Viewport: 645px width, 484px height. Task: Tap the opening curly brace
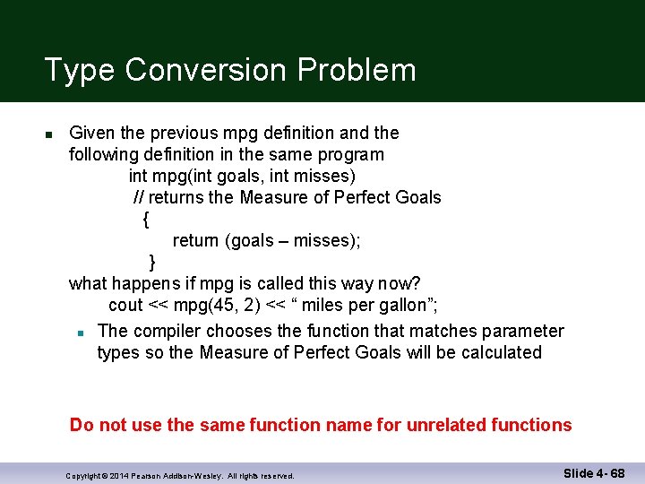145,219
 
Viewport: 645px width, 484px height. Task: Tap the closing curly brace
151,262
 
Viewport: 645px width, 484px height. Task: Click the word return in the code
196,240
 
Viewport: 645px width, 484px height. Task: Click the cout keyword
125,305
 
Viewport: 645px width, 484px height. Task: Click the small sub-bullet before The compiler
80,333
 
